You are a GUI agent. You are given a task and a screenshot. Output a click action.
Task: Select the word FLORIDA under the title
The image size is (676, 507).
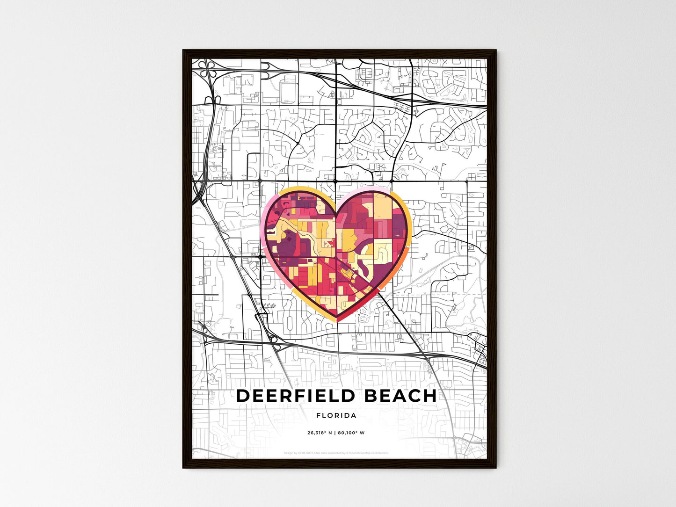pos(336,415)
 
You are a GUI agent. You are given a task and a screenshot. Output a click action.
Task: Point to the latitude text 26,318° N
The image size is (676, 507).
pos(320,433)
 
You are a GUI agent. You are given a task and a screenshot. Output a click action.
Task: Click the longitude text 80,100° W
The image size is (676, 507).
pos(351,433)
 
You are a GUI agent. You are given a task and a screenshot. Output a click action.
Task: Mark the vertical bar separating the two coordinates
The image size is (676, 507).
pos(334,433)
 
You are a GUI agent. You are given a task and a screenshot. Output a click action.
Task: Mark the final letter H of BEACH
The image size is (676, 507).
pos(430,396)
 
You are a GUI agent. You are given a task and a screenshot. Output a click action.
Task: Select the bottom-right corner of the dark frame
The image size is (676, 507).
pos(496,468)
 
